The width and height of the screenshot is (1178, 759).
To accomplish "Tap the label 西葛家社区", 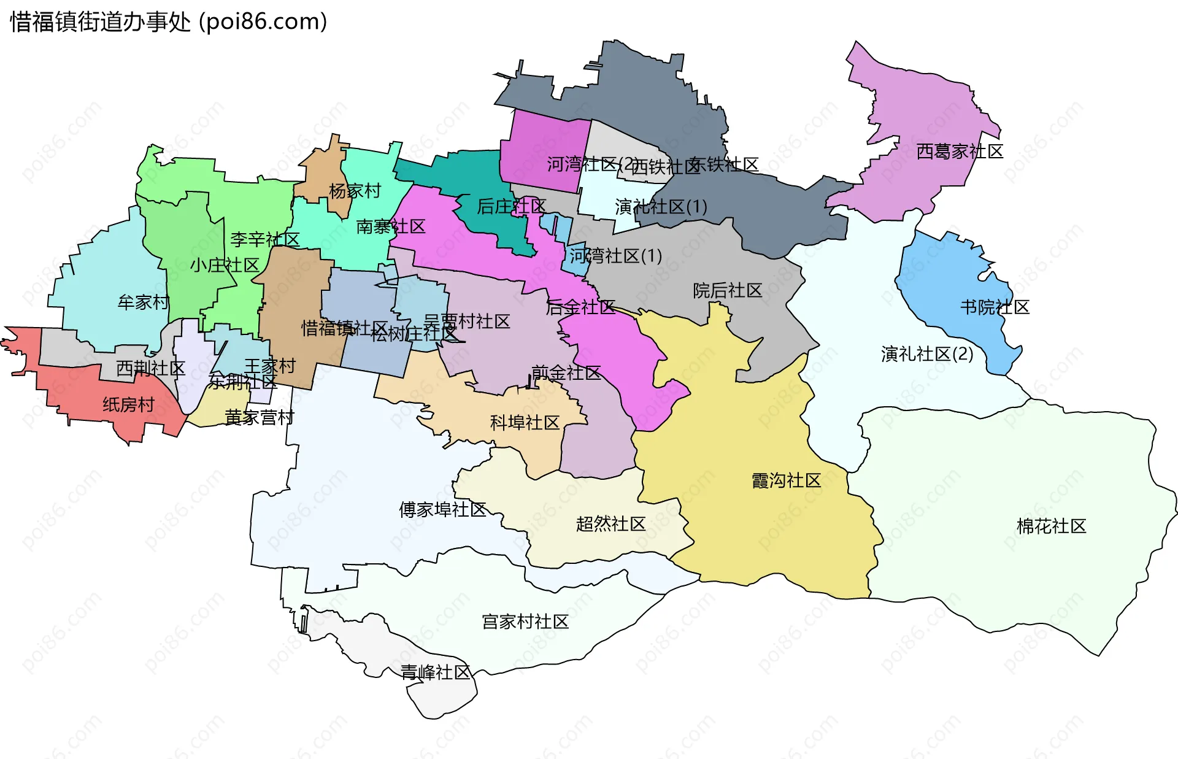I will (960, 152).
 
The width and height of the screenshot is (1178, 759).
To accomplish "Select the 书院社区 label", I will (995, 307).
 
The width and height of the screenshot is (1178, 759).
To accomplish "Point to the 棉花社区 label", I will (1051, 526).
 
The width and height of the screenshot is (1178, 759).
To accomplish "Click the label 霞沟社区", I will (786, 480).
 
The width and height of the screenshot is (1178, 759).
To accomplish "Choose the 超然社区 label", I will (610, 523).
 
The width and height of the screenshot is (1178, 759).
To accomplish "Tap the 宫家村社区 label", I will (525, 622).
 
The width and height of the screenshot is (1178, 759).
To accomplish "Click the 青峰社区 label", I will (435, 672).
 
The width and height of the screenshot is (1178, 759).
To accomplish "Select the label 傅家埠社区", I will (442, 509).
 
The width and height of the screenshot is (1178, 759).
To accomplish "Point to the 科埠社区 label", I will (525, 422).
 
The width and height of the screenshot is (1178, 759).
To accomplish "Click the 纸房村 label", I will (128, 404).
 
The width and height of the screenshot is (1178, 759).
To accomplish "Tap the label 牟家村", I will (143, 302).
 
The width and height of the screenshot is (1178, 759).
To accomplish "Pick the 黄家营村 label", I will (259, 417).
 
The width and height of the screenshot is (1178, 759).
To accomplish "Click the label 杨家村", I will (355, 191).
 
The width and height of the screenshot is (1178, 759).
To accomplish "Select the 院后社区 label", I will (727, 290).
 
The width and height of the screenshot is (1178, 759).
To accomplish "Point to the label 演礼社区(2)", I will (926, 353).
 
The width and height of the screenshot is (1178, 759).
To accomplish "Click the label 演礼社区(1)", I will (661, 207).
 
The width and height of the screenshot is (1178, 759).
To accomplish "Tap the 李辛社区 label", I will (264, 239).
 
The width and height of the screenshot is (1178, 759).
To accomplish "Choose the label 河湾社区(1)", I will (615, 255).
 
